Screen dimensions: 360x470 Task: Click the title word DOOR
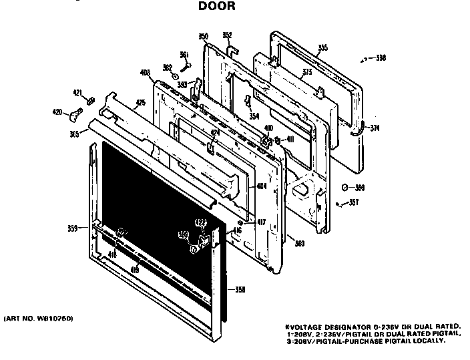(217, 8)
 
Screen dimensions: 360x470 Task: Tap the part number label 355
(322, 47)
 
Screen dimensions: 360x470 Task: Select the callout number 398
(381, 59)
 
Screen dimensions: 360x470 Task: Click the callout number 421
(77, 93)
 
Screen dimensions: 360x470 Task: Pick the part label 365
(73, 134)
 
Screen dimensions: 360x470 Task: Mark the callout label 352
(227, 35)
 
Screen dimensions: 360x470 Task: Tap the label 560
(300, 242)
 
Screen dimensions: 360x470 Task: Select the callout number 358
(240, 289)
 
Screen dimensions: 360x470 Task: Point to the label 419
(134, 269)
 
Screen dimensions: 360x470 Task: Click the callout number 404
(261, 186)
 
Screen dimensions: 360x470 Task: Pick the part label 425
(140, 103)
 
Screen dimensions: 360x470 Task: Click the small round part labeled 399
(344, 187)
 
